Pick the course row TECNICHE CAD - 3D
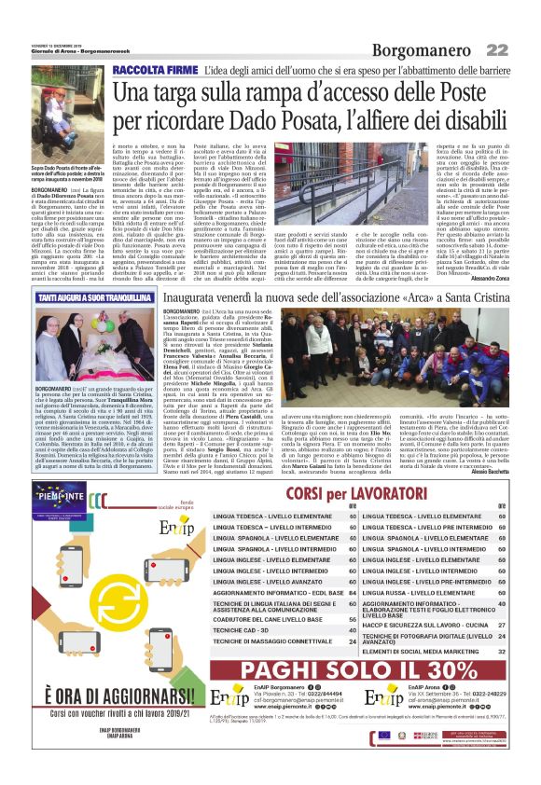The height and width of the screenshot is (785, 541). [247, 629]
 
